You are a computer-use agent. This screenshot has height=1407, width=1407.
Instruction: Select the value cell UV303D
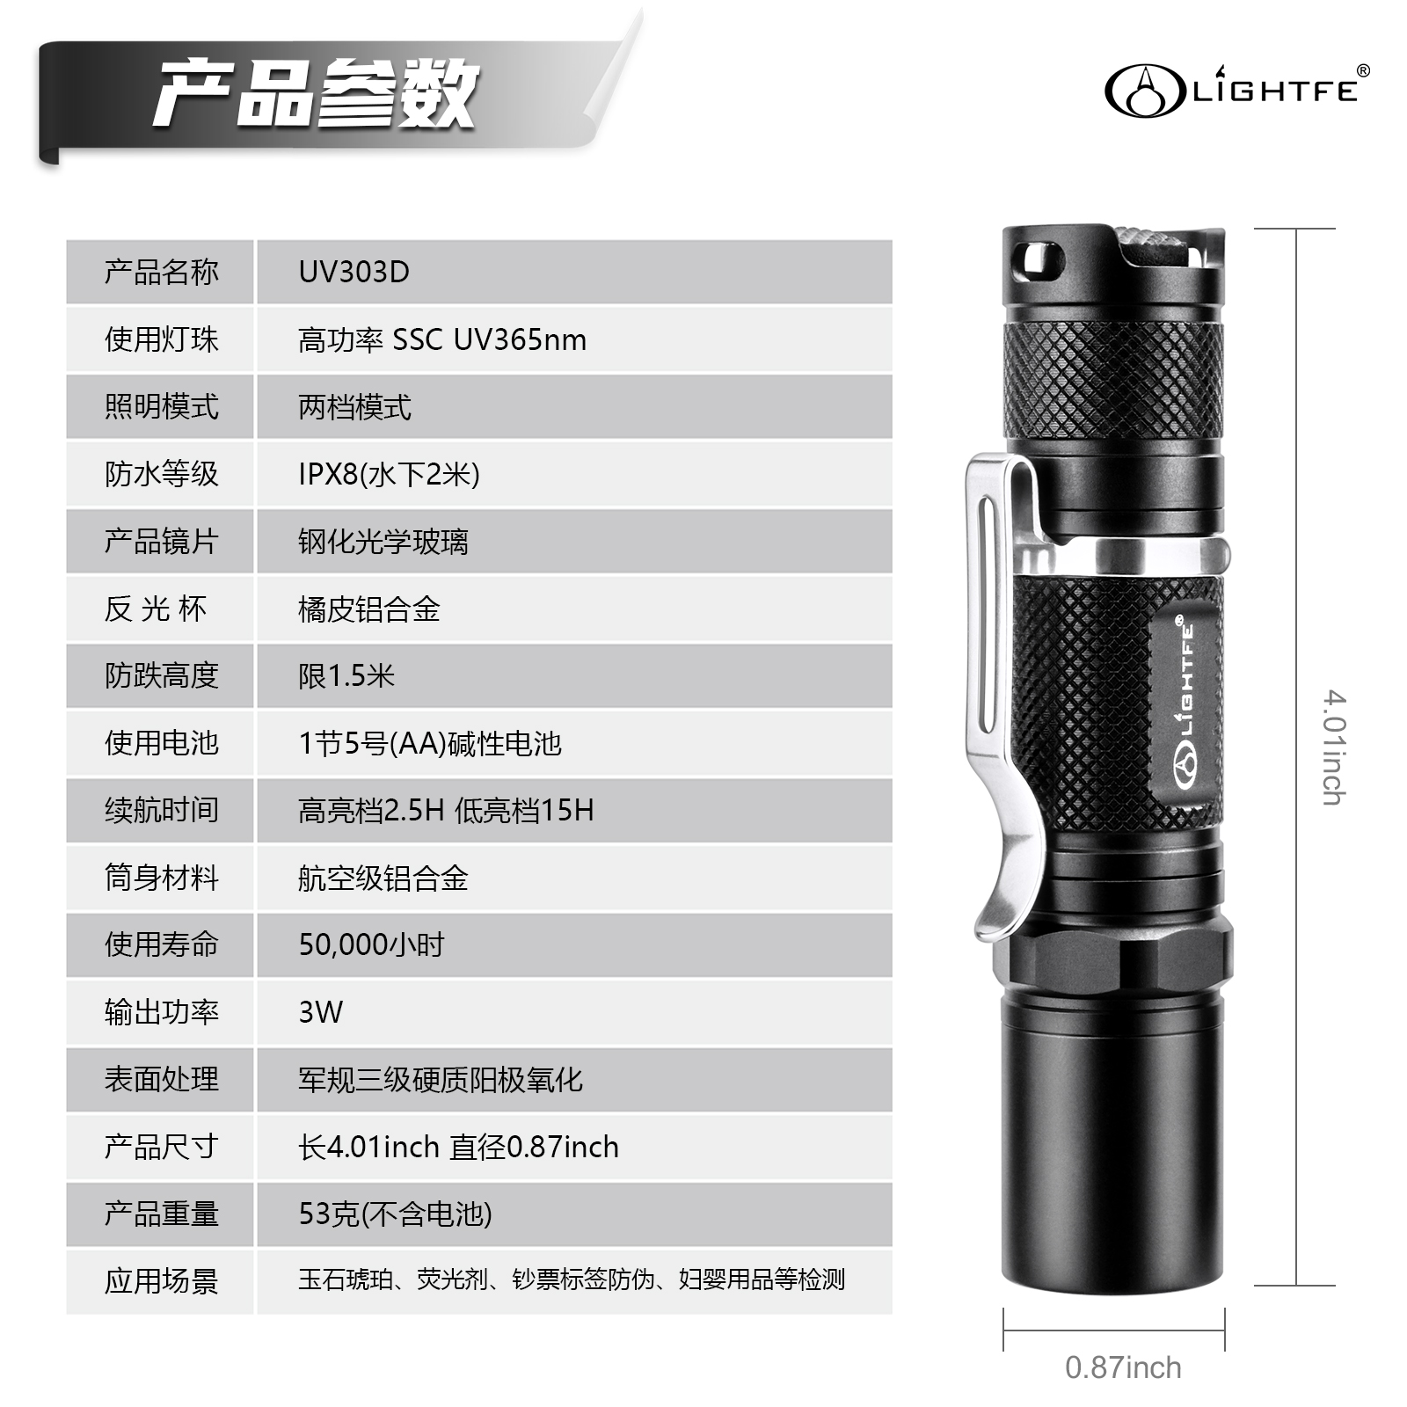354,272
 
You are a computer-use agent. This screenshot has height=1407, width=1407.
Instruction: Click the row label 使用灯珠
161,339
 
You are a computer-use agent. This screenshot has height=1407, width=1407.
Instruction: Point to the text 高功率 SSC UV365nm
442,339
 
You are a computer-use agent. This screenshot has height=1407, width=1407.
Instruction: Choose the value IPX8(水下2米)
389,474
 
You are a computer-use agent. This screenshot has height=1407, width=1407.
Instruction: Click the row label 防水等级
161,474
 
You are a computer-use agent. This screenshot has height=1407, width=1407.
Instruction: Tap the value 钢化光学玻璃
383,542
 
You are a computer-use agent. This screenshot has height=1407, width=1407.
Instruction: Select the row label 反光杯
156,609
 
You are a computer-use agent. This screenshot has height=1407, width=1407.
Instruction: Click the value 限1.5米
346,676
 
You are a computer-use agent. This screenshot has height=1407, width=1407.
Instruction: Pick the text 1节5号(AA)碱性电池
430,744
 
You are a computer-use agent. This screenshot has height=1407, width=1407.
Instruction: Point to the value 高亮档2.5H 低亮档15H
446,810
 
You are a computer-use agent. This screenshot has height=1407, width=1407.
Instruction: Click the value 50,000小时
371,944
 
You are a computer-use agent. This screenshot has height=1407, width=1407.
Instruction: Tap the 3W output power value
320,1012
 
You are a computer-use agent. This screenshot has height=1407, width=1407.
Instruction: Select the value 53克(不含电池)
395,1214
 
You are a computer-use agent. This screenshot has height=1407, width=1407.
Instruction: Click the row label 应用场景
161,1281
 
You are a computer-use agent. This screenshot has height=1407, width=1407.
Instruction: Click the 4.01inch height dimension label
1334,747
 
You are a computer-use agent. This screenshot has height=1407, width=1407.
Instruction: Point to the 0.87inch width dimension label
1123,1367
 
